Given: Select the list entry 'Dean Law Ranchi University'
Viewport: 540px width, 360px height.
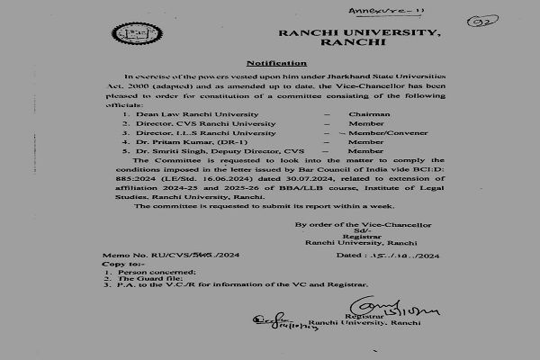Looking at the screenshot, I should coord(184,115).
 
